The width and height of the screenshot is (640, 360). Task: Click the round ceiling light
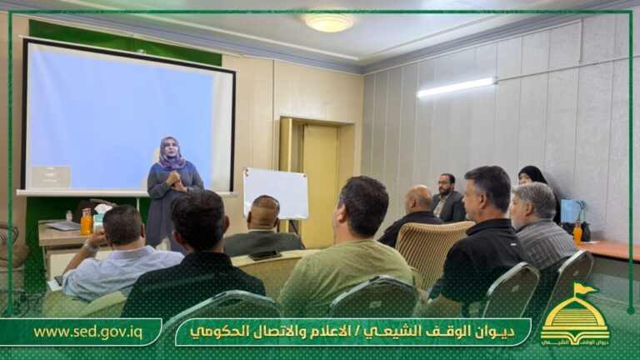[328, 22]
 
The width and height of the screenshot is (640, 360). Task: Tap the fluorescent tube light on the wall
[456, 87]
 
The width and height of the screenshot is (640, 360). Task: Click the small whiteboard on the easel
[276, 193]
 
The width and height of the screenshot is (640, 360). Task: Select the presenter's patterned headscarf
[172, 154]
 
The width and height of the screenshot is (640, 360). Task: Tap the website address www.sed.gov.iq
[87, 332]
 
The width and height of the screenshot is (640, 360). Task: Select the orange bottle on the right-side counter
[577, 232]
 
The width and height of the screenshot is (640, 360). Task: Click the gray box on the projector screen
[51, 177]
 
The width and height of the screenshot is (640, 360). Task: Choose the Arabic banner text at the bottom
[352, 332]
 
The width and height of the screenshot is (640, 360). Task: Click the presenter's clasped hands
[174, 178]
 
